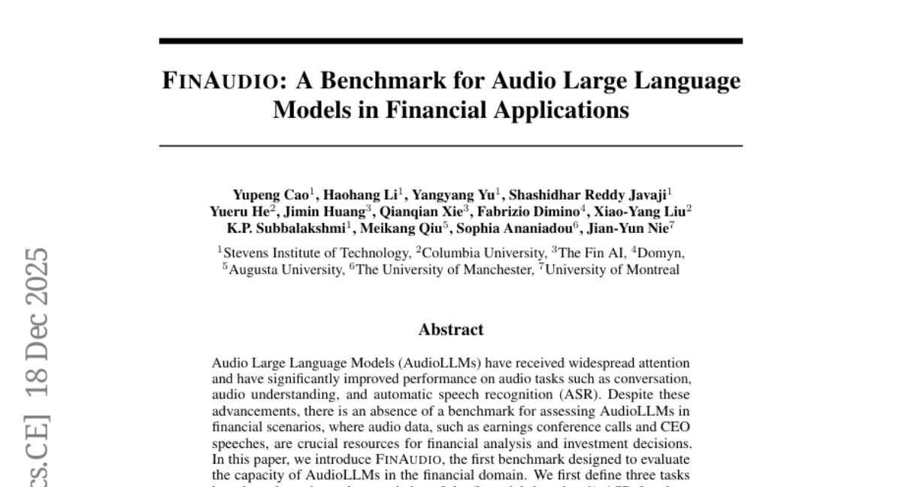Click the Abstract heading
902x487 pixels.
pos(451,329)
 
